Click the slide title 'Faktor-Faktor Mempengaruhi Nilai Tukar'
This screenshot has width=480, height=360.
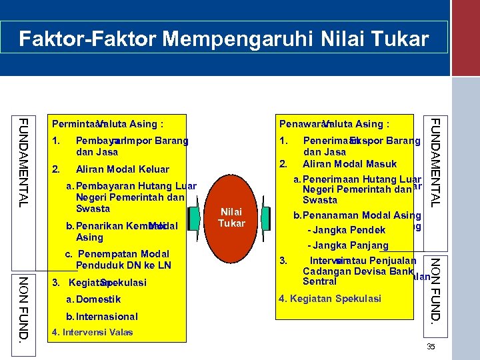(x=224, y=39)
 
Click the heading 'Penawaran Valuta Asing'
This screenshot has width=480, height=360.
(x=334, y=124)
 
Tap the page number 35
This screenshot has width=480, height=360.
(x=430, y=347)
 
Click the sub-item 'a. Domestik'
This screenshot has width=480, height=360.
(x=93, y=299)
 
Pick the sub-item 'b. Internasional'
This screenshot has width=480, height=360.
(x=101, y=317)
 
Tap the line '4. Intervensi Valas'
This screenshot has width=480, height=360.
(x=92, y=332)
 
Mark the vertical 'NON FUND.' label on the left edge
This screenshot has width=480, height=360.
(x=23, y=307)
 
